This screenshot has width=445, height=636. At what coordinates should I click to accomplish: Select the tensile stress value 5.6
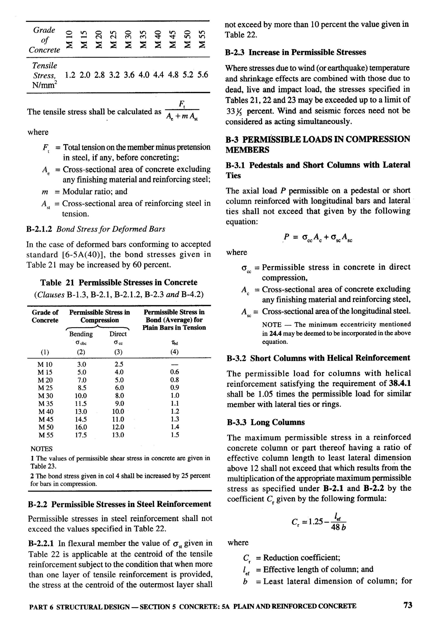tap(203, 75)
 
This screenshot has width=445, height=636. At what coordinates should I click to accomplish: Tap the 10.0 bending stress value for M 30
tap(81, 396)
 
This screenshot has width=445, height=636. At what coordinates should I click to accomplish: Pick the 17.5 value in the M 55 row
tap(81, 435)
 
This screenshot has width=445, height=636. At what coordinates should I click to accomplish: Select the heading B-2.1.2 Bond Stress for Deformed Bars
tap(96, 229)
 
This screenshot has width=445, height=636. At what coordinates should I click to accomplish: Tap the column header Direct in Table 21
tap(118, 334)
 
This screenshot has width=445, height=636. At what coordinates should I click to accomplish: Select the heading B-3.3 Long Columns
tap(266, 422)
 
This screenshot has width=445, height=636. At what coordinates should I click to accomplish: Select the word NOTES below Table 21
tap(41, 449)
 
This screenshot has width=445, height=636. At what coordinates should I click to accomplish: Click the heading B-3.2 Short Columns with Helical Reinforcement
tap(318, 358)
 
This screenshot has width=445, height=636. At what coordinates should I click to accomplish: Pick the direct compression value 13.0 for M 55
tap(118, 435)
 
